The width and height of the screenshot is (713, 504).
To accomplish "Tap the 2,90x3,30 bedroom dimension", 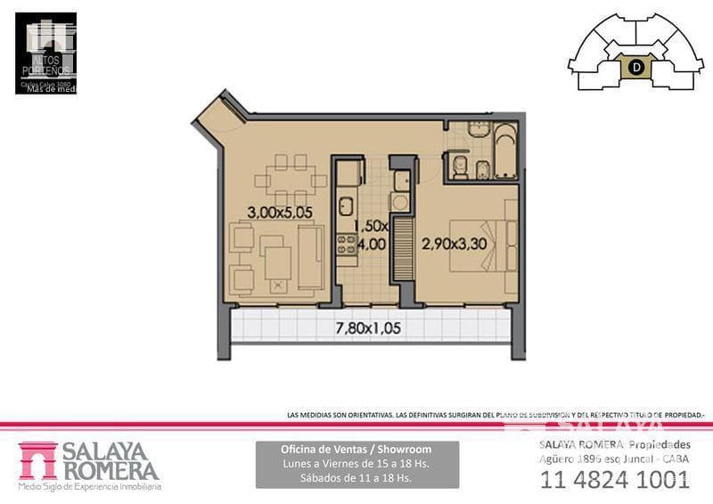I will (454, 243).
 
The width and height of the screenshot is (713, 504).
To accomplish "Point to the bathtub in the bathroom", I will (504, 151).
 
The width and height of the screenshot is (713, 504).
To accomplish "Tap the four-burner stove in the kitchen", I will (345, 244).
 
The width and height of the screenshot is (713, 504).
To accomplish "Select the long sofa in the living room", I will (310, 256).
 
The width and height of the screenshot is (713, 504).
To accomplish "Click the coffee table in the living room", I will (278, 261).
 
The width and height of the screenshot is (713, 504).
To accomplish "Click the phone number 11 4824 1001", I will (614, 479).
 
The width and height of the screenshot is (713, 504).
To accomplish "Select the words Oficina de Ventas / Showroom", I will (356, 450).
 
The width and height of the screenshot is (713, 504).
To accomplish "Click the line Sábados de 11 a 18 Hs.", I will (356, 478).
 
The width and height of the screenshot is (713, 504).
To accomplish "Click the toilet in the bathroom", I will (460, 166).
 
